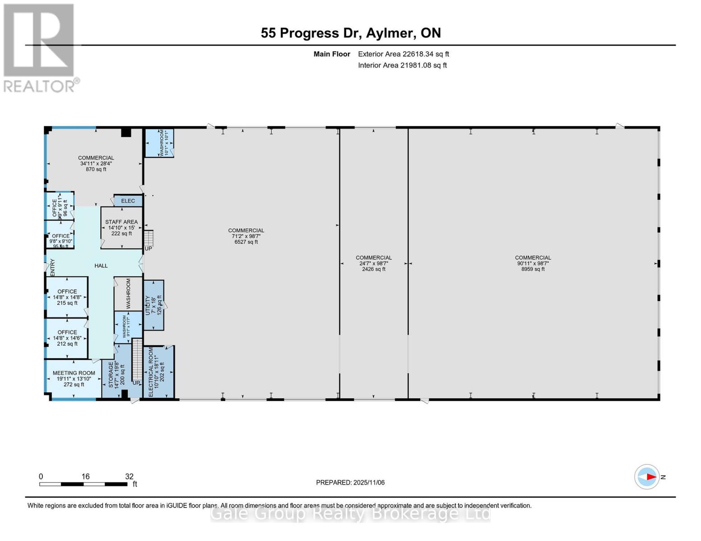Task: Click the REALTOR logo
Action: pos(40,48)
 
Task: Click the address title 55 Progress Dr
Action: pos(350,33)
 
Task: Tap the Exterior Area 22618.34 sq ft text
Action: pos(403,54)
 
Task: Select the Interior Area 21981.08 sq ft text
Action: pos(402,65)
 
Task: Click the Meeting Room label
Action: pos(74,379)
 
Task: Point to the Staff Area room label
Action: pos(121,228)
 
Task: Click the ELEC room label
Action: pos(128,201)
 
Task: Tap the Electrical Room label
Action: pos(156,372)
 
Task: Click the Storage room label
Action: pos(116,375)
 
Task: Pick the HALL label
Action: pos(101,266)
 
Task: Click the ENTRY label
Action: pos(52,267)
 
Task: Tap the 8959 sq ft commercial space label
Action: pos(533,263)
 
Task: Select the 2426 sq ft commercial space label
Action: pos(373,263)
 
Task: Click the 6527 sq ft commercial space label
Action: pos(246,236)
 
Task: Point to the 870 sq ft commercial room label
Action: pos(96,164)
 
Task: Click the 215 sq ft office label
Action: pos(67,297)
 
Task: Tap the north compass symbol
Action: pos(647,477)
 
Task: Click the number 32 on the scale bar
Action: pos(129,477)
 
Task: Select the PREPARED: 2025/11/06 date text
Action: pos(350,482)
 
